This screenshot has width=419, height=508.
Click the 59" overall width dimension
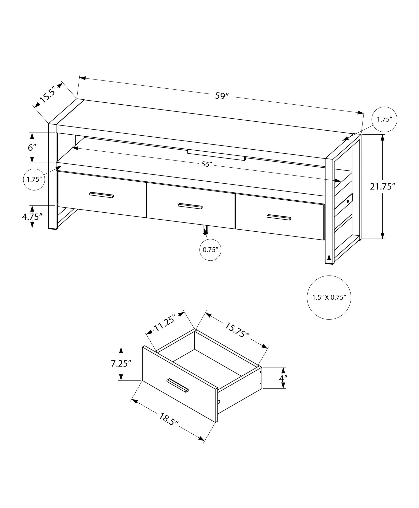[x=222, y=96]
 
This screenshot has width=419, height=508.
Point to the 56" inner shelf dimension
[x=207, y=164]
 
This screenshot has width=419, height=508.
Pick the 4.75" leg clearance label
[x=32, y=217]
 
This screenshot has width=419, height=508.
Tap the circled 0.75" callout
[x=210, y=250]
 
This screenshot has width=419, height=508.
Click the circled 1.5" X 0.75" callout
[x=329, y=297]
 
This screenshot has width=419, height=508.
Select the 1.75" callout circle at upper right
[x=384, y=119]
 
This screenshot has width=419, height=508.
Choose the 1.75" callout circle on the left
[x=34, y=179]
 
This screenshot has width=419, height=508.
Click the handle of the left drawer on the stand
[x=102, y=195]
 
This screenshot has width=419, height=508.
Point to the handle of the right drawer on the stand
[x=279, y=217]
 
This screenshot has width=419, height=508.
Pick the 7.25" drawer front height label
[x=121, y=364]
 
